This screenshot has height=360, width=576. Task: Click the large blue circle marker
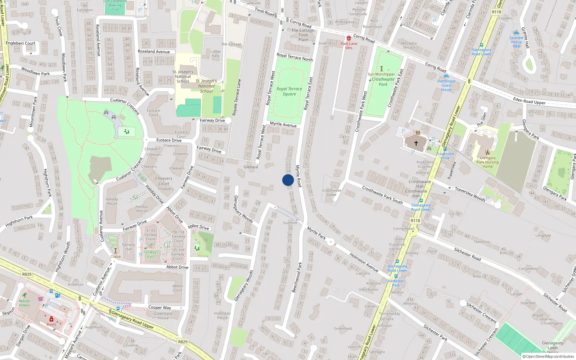click(288, 180)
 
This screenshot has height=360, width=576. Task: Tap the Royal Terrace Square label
click(289, 91)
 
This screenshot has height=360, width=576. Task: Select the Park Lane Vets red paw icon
click(348, 38)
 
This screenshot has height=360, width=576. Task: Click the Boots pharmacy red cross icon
click(51, 319)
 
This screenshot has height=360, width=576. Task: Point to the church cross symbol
click(416, 143)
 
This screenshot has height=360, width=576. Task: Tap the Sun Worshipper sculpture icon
click(382, 68)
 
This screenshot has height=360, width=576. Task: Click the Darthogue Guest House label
click(446, 85)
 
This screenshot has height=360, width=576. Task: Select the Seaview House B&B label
click(516, 42)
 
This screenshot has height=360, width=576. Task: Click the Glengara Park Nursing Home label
click(487, 162)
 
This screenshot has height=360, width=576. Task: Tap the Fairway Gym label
click(150, 254)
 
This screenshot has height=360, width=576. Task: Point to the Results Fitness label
click(24, 303)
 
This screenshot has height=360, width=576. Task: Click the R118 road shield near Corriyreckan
click(415, 221)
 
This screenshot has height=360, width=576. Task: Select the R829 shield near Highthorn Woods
click(27, 274)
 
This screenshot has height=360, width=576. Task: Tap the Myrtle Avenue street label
click(283, 125)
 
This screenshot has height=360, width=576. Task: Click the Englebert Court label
click(21, 43)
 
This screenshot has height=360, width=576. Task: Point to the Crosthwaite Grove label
click(332, 193)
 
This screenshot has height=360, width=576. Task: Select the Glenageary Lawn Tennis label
click(553, 347)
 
